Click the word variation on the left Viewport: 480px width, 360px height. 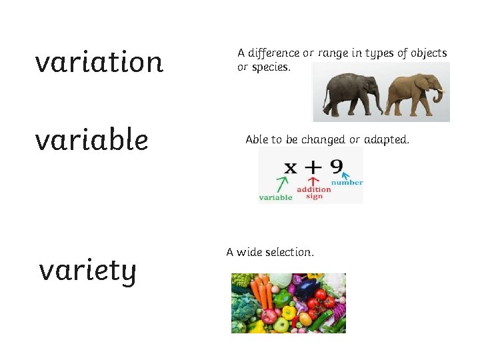point(99,62)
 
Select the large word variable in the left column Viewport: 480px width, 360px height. point(91,140)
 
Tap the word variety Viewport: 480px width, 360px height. point(87,270)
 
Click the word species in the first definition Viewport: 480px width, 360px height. point(271,67)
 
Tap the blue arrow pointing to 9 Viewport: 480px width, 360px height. point(346,177)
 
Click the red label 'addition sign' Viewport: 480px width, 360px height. point(313,193)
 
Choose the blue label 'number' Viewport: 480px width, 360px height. point(347,183)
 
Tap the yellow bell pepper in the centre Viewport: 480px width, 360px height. point(288,312)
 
